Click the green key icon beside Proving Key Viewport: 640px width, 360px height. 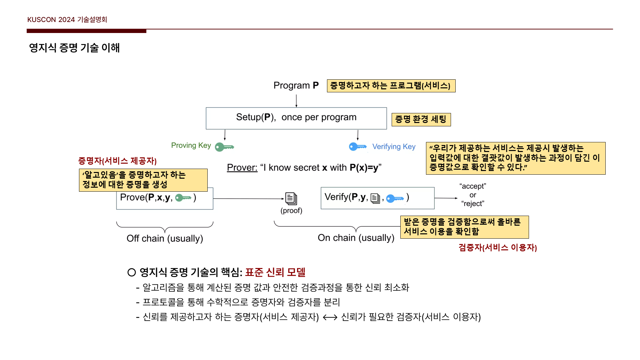[x=224, y=147]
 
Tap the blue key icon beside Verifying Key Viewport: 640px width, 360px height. [x=358, y=146]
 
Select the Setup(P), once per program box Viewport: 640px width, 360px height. [x=296, y=118]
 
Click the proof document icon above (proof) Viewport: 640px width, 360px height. [x=291, y=199]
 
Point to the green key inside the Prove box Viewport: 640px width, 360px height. [x=183, y=198]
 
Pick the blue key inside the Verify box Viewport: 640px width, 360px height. [x=395, y=199]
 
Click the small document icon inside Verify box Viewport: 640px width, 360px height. [x=375, y=198]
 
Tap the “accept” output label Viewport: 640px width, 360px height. [x=473, y=186]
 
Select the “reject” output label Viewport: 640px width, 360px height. [x=473, y=203]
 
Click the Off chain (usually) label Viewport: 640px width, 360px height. [x=165, y=239]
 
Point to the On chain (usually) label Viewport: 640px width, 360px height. [x=356, y=238]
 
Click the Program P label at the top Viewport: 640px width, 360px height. [x=296, y=86]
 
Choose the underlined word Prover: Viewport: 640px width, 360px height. [x=242, y=168]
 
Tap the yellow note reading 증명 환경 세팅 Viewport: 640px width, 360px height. [x=421, y=119]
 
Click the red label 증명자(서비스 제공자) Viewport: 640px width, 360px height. [x=117, y=161]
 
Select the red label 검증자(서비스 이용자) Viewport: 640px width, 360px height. [x=497, y=247]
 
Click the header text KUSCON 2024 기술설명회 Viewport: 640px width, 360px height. [x=67, y=20]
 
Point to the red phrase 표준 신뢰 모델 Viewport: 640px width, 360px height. [x=275, y=272]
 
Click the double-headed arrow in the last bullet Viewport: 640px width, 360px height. [x=330, y=317]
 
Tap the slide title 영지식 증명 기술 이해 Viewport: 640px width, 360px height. [x=74, y=48]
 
